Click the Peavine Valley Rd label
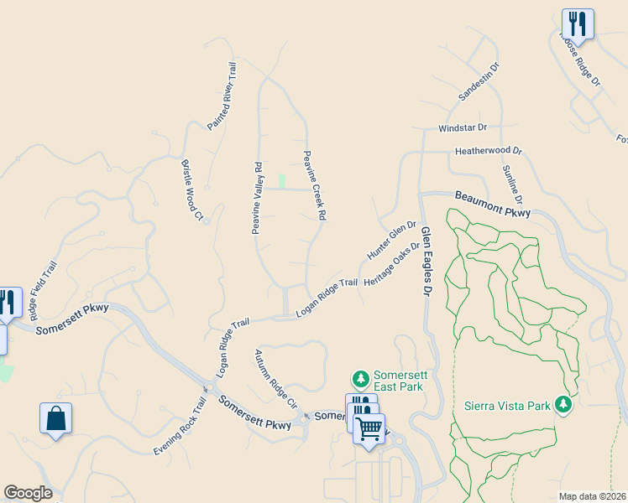259,198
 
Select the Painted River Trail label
223,96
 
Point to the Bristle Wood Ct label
192,189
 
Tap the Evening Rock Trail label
180,427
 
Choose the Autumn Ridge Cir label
276,378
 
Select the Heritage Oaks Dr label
391,264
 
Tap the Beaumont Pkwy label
493,205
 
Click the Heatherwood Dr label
489,152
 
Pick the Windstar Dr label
463,128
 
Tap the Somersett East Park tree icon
361,380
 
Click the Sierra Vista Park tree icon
562,406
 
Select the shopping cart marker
368,429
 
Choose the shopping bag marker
55,418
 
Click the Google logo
28,493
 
